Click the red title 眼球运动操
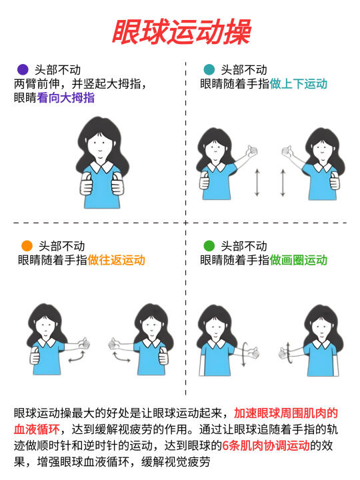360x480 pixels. [181, 32]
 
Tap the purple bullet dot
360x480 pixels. [23, 69]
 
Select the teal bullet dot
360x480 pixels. [209, 69]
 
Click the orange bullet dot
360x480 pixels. [27, 245]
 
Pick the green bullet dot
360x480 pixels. [209, 245]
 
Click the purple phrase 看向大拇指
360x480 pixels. [65, 98]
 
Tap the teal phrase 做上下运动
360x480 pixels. [299, 84]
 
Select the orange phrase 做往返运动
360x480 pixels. [116, 260]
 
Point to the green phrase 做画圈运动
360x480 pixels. [299, 260]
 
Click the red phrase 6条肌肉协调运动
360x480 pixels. [266, 445]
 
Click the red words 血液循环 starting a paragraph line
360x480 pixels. [37, 429]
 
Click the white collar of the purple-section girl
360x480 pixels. [102, 166]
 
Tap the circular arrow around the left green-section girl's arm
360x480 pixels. [244, 354]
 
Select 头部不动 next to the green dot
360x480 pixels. [244, 246]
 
